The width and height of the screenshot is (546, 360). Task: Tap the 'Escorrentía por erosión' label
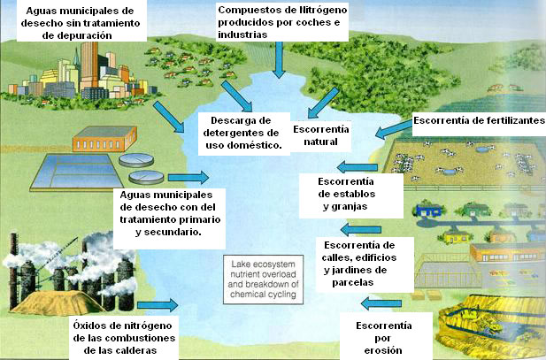point(382,338)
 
